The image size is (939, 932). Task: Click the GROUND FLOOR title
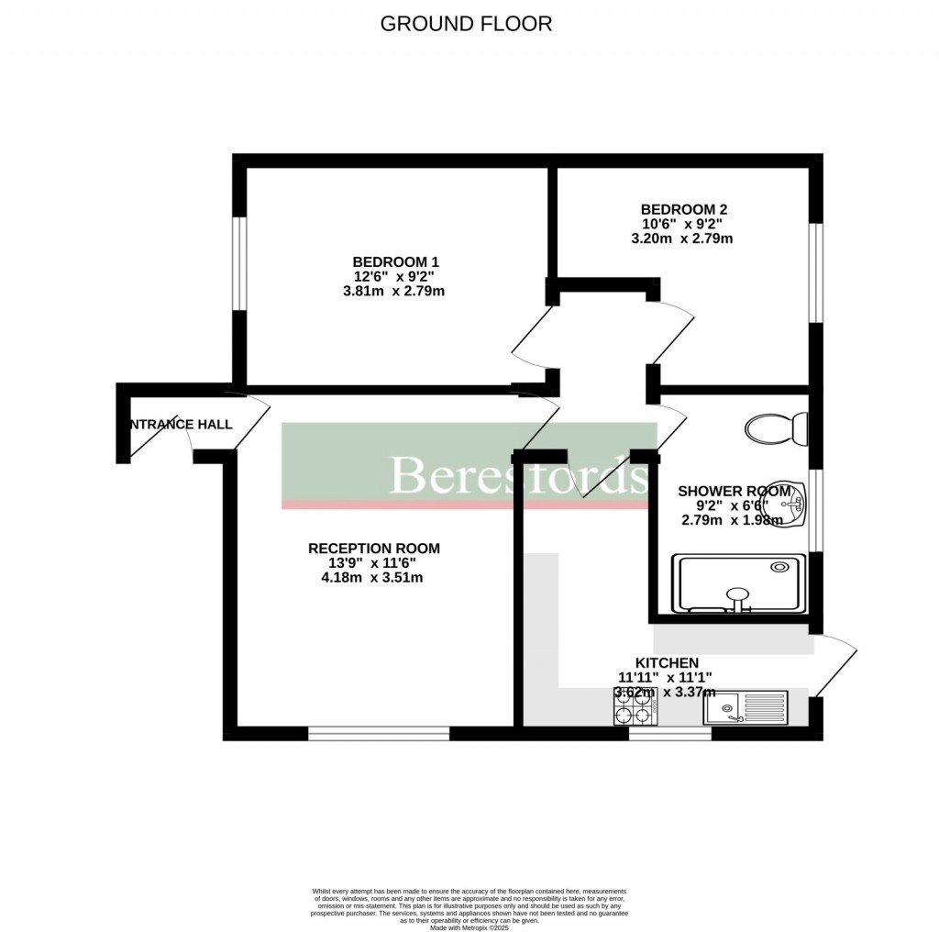coord(466,24)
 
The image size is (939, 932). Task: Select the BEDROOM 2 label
coord(684,209)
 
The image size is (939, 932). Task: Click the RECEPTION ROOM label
coord(373,549)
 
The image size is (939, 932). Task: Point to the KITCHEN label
coord(667,662)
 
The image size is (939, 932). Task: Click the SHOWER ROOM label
coord(734,491)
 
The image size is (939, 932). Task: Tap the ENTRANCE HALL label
coord(180,425)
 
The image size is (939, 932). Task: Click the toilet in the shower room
coord(777,427)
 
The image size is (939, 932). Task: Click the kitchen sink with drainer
coord(746,707)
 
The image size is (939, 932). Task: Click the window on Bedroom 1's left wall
coord(238,263)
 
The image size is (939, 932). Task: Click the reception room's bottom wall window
coord(379,733)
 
